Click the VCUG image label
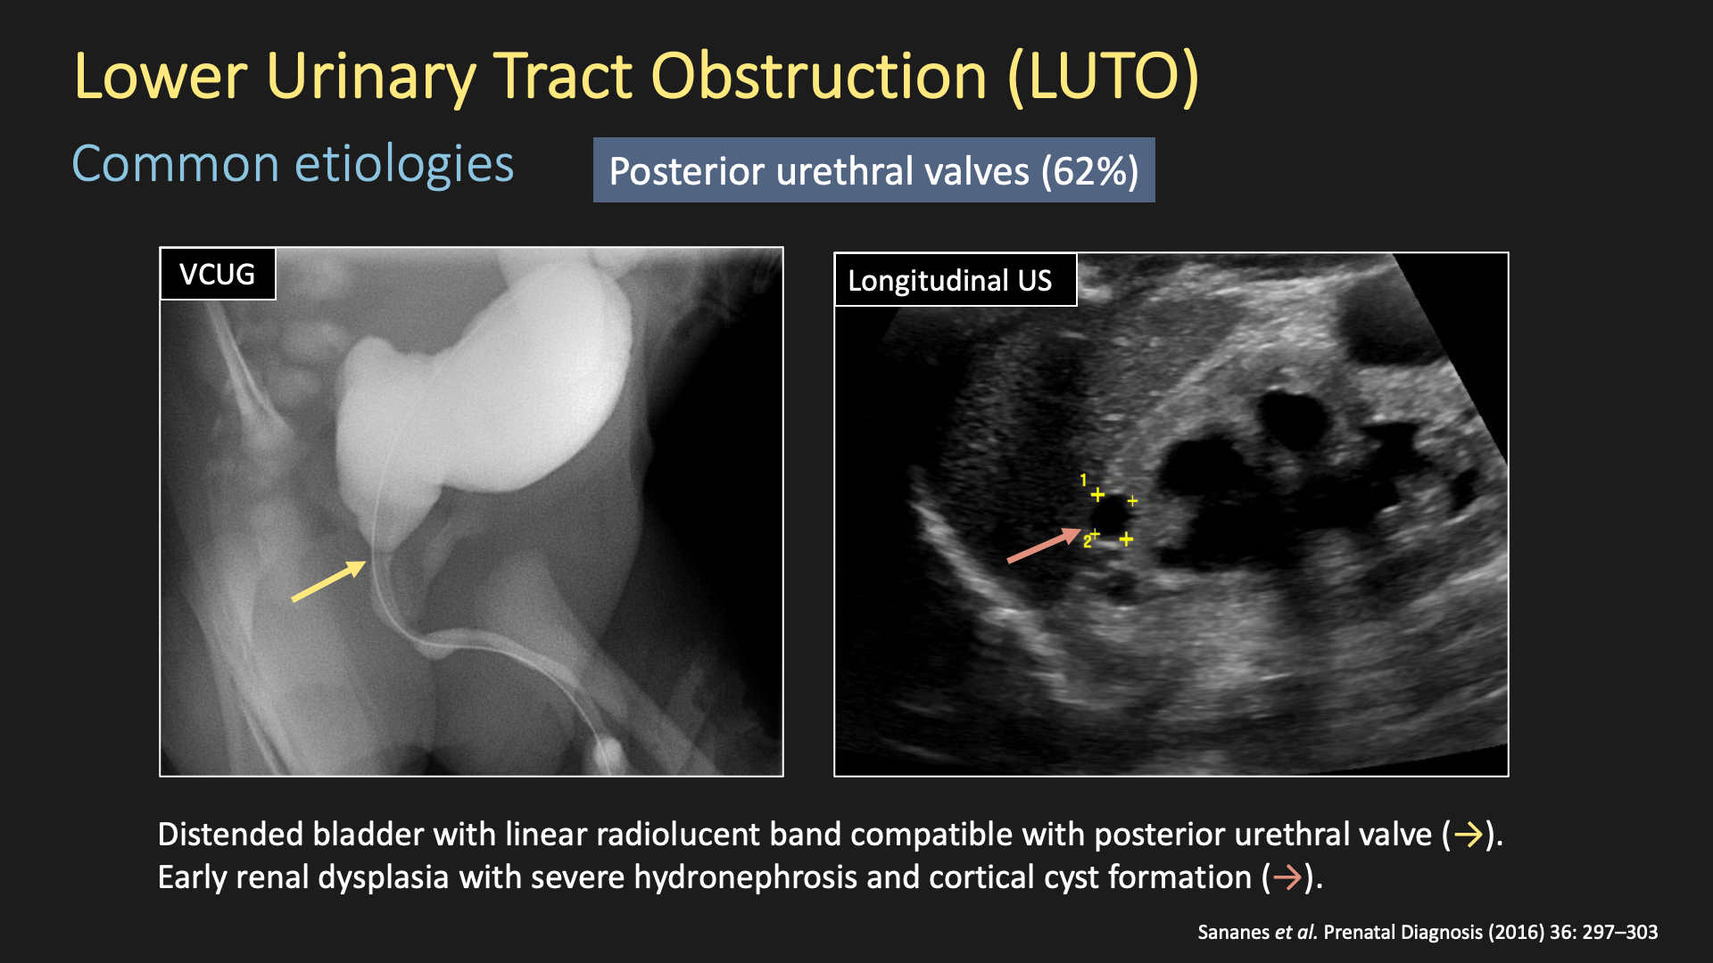click(218, 274)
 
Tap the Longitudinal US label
click(956, 280)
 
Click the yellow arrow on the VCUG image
click(328, 581)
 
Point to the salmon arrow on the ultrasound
click(1044, 545)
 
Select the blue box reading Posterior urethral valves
click(874, 170)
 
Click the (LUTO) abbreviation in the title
click(1104, 77)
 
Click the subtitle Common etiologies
click(293, 164)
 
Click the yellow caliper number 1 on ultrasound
click(1083, 481)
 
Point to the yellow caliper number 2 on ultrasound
click(1087, 541)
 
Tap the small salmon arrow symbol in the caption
click(1287, 878)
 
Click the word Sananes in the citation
click(1233, 933)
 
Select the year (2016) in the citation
click(1516, 933)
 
